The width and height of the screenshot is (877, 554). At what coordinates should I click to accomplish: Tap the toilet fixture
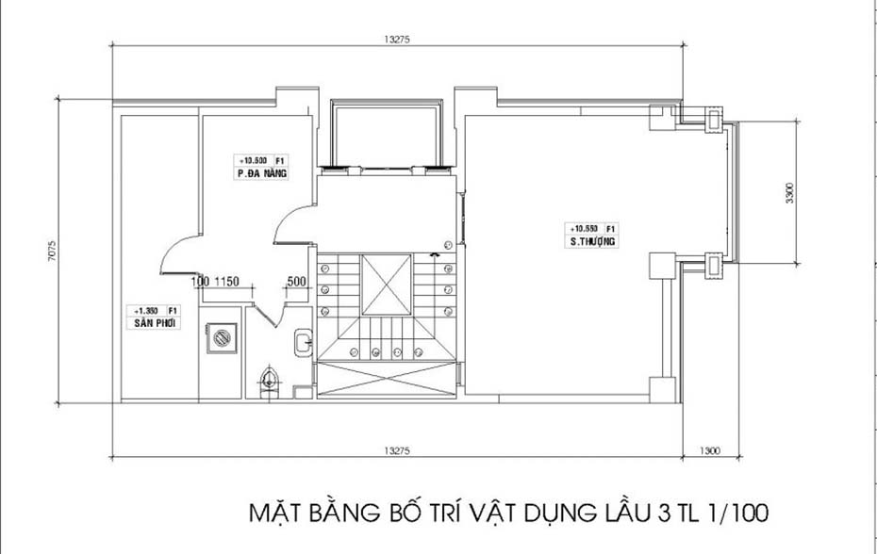coord(271,381)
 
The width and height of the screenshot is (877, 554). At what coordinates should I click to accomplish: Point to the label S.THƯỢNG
coord(592,242)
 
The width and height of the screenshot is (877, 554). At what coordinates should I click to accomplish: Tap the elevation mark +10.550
coord(583,229)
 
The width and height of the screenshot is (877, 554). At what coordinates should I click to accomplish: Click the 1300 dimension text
coord(710,451)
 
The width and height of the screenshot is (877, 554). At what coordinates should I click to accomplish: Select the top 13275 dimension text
coord(397,40)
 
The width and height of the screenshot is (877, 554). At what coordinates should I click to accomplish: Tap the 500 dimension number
coord(294,282)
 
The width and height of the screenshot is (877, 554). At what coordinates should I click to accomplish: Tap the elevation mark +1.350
coord(145,310)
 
